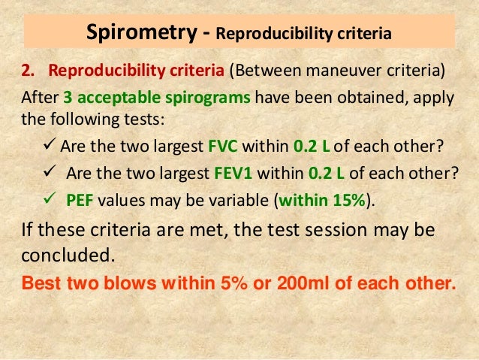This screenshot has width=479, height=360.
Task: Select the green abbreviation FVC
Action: (x=231, y=146)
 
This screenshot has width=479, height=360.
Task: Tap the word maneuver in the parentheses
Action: (x=327, y=72)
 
